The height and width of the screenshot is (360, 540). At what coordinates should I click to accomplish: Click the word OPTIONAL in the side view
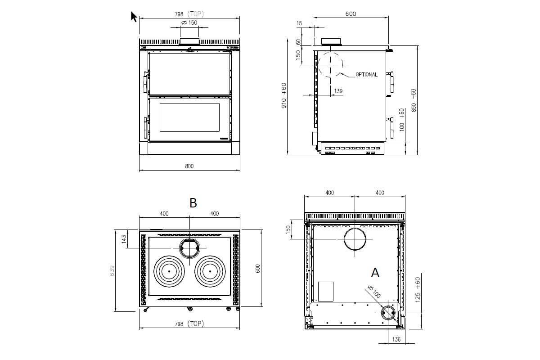(366, 75)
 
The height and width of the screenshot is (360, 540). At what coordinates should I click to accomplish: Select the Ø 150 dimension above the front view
(189, 22)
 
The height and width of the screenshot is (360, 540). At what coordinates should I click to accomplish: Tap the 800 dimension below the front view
(189, 166)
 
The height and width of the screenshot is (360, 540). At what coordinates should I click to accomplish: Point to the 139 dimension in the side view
(338, 91)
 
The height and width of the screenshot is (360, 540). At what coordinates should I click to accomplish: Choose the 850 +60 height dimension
(414, 100)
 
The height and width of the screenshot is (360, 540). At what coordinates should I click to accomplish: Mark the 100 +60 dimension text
(401, 119)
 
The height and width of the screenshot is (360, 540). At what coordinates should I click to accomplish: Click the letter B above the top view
(193, 203)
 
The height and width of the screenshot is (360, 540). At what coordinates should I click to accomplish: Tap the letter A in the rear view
(375, 272)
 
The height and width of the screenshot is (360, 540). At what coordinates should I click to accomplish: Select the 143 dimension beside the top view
(124, 239)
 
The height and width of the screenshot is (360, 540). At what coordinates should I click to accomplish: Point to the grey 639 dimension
(112, 270)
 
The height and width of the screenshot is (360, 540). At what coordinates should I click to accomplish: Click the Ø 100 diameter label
(373, 292)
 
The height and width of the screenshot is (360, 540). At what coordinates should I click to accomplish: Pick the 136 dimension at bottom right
(396, 339)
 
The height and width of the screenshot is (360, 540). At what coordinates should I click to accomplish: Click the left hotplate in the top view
(169, 271)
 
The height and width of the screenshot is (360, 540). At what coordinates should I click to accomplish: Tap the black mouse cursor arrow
(134, 17)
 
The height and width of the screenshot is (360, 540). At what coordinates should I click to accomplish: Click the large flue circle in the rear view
(355, 239)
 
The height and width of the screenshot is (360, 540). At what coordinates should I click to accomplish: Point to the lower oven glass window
(189, 117)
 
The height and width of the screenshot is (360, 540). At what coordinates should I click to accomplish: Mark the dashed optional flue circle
(330, 64)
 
